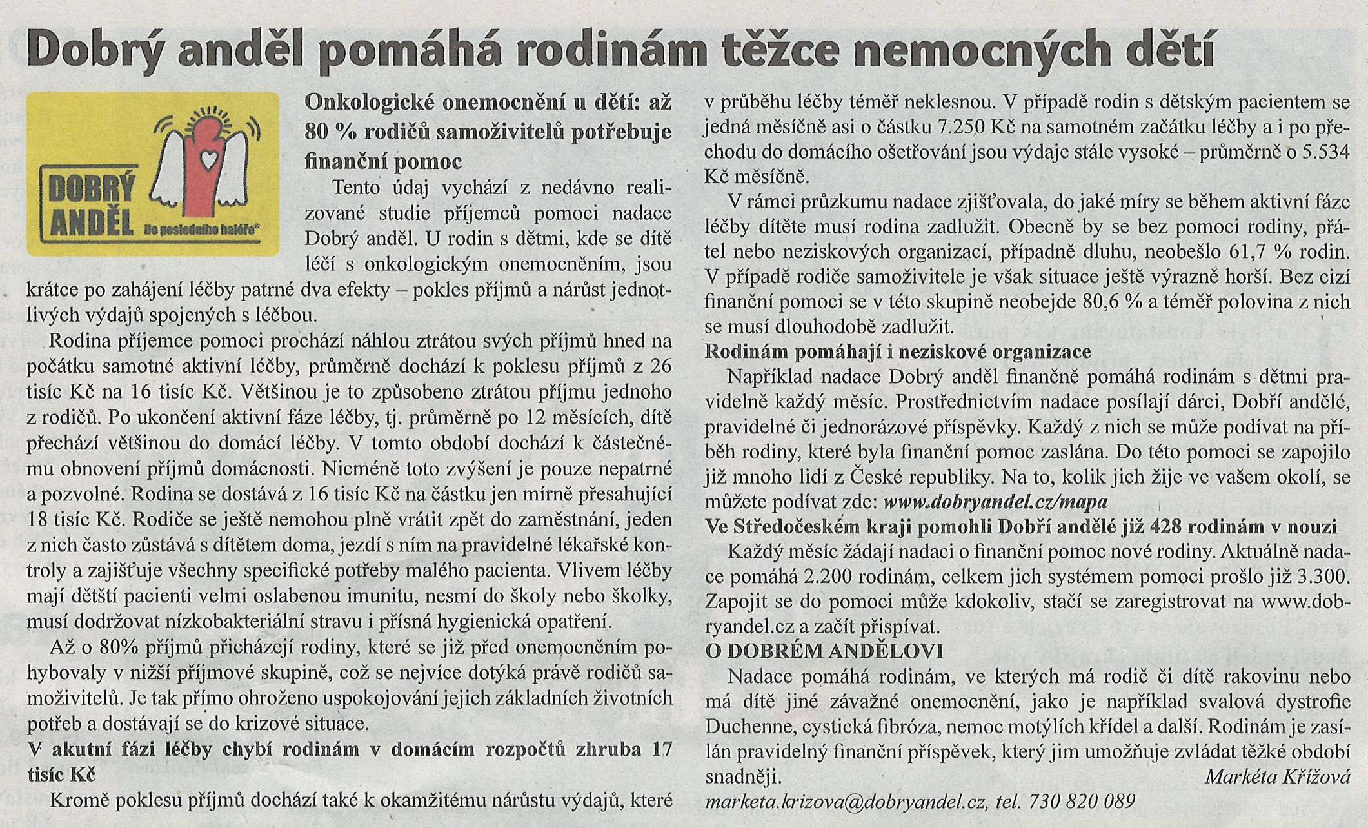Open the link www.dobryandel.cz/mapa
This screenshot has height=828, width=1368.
[996, 502]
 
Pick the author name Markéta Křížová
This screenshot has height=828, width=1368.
[1276, 776]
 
